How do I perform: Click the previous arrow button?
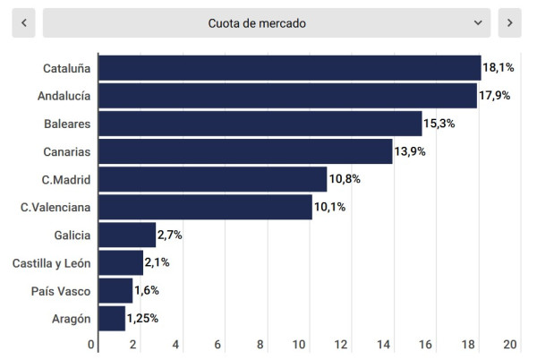(x=23, y=23)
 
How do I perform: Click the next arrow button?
(x=509, y=23)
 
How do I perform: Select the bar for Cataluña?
(x=289, y=68)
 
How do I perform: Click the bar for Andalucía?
(x=287, y=96)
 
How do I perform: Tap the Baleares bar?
(x=260, y=124)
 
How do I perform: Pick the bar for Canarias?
(x=245, y=151)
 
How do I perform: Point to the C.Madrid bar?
(x=212, y=179)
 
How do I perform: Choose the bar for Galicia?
(x=127, y=236)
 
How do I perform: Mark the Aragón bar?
(x=112, y=319)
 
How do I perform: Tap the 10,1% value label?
(x=329, y=208)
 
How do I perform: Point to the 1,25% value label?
(x=143, y=319)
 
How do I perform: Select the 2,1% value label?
(x=158, y=263)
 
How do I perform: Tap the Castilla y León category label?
(x=53, y=263)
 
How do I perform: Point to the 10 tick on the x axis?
(x=301, y=345)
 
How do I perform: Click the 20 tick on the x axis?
(x=511, y=345)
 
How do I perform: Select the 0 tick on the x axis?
(x=91, y=345)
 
